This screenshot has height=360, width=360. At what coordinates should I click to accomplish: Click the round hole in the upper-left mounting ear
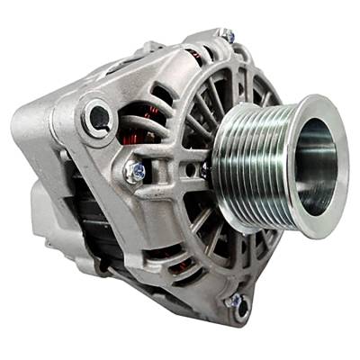(96, 116)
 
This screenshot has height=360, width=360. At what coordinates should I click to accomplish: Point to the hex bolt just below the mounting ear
(137, 170)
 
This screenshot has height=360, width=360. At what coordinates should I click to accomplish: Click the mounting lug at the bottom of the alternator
(238, 306)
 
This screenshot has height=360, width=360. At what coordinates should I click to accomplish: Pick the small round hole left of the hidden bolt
(188, 167)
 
